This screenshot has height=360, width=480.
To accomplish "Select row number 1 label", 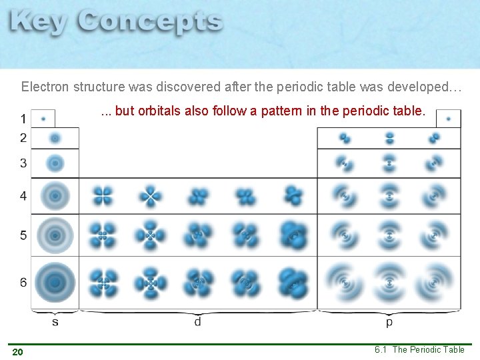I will [x=23, y=119].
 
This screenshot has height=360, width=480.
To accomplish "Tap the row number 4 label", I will [x=23, y=196].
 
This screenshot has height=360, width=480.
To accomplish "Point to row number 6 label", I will [x=23, y=283].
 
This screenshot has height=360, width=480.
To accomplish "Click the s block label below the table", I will [x=55, y=322].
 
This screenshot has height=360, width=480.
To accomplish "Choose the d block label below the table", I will [x=197, y=322].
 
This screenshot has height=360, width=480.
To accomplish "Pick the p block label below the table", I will [x=389, y=322].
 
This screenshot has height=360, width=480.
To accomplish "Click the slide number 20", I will [x=17, y=352].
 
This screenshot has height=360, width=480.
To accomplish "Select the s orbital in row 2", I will [x=55, y=138].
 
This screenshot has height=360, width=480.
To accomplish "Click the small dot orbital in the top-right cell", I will [x=449, y=119].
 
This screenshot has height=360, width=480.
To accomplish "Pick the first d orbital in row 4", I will [x=103, y=196].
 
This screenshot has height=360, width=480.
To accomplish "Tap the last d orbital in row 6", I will [x=293, y=283].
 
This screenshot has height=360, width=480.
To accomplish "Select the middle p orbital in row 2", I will [x=389, y=138].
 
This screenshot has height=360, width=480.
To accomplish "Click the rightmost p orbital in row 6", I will [x=434, y=283].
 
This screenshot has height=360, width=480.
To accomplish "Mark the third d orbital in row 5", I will [x=198, y=235].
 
